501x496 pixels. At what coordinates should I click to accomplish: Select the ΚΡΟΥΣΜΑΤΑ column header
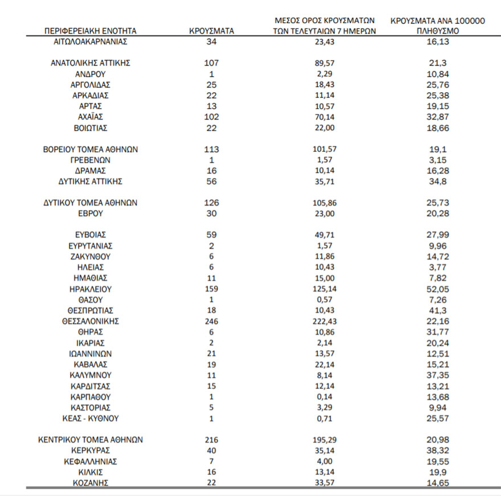(211, 31)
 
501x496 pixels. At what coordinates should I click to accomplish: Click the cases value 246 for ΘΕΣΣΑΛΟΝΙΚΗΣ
(211, 321)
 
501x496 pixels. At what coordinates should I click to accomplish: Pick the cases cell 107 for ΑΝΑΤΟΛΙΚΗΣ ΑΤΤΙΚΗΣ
(211, 63)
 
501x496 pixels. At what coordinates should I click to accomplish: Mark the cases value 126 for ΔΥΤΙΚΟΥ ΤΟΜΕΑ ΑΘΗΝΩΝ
(211, 203)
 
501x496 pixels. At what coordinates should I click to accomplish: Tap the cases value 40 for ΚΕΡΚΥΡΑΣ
(211, 450)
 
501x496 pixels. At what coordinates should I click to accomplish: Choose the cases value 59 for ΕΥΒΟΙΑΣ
(211, 235)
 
